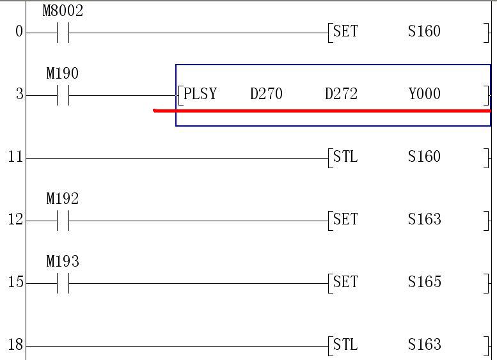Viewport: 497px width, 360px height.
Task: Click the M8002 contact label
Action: [x=63, y=11]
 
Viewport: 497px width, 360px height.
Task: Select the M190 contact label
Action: [x=63, y=74]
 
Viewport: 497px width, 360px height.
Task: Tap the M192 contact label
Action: [x=63, y=199]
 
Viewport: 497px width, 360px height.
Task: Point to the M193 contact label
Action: [x=63, y=262]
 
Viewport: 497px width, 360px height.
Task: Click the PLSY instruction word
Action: [x=200, y=94]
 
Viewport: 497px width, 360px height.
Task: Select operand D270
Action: [x=266, y=94]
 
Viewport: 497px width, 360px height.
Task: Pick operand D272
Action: [x=341, y=94]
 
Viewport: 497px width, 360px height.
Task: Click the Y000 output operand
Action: [x=425, y=94]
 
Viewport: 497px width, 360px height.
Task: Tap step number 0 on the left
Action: [x=19, y=32]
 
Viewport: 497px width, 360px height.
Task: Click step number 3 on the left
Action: [x=19, y=95]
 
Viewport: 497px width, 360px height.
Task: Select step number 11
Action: [x=15, y=157]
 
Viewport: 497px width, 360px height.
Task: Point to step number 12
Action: [x=15, y=220]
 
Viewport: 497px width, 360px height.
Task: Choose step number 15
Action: [x=15, y=283]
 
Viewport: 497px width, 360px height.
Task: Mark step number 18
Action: [x=15, y=345]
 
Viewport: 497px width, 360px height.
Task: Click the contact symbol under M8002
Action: [x=63, y=33]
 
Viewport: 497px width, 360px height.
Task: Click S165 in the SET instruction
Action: [x=425, y=282]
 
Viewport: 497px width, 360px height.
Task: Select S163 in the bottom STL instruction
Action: [x=425, y=345]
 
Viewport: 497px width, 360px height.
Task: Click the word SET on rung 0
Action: [x=346, y=31]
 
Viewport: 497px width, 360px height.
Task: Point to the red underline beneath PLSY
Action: [x=320, y=111]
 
